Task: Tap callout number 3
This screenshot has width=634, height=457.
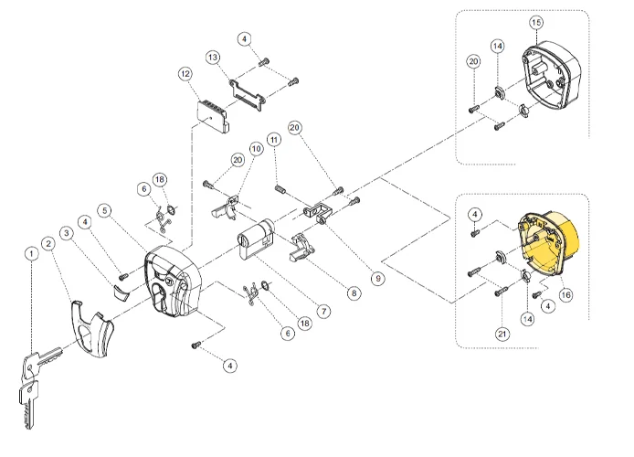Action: tap(67, 234)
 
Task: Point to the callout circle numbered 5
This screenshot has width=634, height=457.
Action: tap(106, 211)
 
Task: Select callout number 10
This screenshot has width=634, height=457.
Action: tap(256, 147)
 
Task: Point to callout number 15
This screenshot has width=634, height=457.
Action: tap(535, 21)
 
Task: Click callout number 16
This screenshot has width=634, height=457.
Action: tap(565, 294)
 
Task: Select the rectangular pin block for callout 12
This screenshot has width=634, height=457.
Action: tap(213, 116)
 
